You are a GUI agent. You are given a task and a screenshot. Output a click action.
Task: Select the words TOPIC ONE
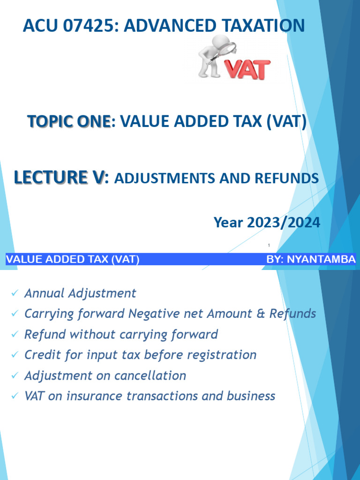coord(69,122)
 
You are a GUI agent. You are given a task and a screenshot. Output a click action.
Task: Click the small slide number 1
coord(269,245)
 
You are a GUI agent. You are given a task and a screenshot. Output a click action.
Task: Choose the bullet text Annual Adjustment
coord(80,293)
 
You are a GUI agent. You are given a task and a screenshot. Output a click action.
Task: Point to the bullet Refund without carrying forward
coord(121,334)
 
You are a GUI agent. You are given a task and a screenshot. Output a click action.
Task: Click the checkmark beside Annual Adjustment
coord(15,293)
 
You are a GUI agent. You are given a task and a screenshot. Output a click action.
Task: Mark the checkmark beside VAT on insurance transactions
coord(15,396)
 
